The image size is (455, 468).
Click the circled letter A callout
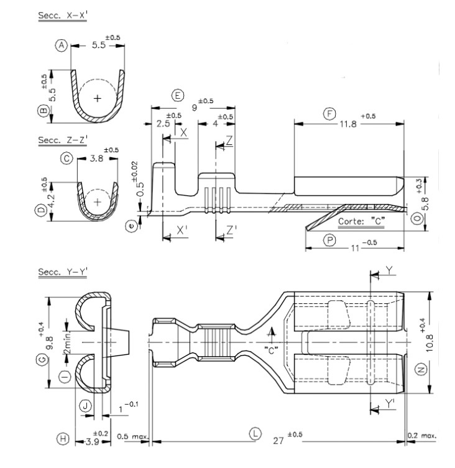[61, 45]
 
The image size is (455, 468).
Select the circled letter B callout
[43, 111]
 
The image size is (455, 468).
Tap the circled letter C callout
[67, 159]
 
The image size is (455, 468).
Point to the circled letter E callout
[178, 95]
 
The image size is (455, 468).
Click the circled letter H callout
[62, 439]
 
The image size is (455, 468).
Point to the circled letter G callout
[43, 360]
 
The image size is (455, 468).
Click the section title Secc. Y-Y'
[62, 271]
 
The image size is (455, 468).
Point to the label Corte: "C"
[361, 221]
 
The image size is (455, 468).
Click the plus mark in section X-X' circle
[97, 98]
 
